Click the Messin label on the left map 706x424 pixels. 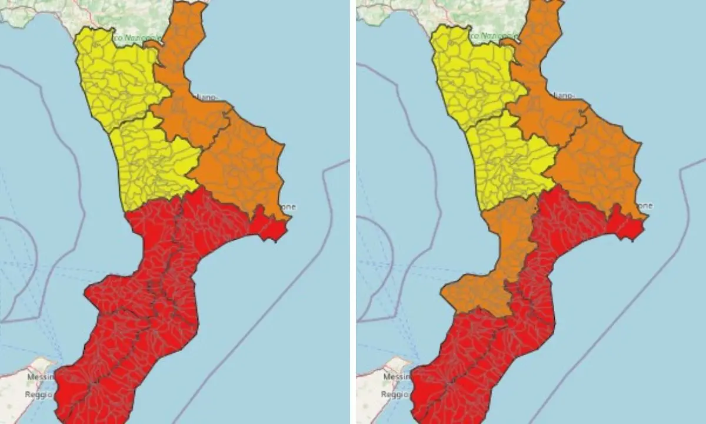(x=40, y=376)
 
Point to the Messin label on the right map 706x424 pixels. (x=396, y=376)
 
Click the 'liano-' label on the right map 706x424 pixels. (x=564, y=95)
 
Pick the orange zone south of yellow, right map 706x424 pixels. (x=500, y=259)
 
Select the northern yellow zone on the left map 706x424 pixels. (x=118, y=77)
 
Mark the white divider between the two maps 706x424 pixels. (x=353, y=212)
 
